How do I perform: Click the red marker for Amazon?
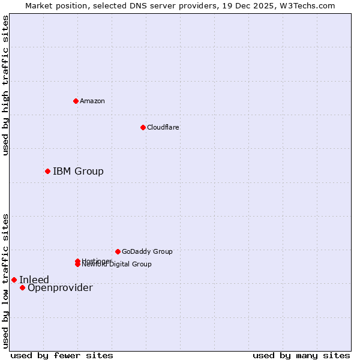point(76,101)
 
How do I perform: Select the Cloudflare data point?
point(143,127)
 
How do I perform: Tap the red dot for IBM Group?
point(47,171)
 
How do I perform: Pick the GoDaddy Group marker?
point(118,251)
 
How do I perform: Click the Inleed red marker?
point(14,280)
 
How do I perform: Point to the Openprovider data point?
point(22,287)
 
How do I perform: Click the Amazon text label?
point(92,101)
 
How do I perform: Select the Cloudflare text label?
point(163,127)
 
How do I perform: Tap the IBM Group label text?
point(78,171)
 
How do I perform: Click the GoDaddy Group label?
point(147,251)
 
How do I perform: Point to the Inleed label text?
point(34,280)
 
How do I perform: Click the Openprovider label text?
point(60,288)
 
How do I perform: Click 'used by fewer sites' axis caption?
point(62,355)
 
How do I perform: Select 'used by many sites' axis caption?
point(301,355)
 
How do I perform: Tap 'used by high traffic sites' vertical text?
point(5,85)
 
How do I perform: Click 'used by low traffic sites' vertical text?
point(5,280)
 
